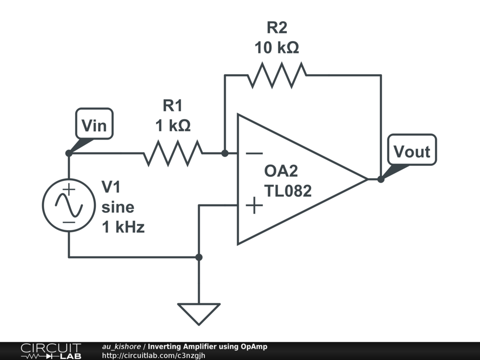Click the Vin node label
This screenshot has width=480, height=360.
(x=94, y=126)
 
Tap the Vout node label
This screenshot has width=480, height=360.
(x=412, y=151)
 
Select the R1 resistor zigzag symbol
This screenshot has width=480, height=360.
(x=173, y=153)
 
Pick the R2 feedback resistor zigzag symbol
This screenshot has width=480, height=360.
(x=277, y=75)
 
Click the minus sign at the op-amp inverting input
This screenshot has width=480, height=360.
(x=254, y=153)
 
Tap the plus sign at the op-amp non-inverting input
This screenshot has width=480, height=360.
(x=254, y=205)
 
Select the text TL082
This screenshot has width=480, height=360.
(x=288, y=191)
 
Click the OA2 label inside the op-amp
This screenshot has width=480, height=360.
(x=281, y=171)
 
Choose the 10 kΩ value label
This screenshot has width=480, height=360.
(x=277, y=48)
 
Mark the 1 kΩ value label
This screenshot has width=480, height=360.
(x=173, y=126)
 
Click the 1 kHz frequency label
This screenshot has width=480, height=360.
(x=123, y=227)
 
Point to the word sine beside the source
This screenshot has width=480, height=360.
(x=118, y=207)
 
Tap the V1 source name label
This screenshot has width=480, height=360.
(x=111, y=187)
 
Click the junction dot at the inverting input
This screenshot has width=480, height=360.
(x=225, y=153)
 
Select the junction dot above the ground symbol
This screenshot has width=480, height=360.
(x=199, y=257)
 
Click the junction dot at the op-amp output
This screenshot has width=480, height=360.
(x=381, y=179)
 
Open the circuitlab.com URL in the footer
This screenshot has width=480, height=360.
(x=154, y=356)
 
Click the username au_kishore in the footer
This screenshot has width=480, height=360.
(x=121, y=347)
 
